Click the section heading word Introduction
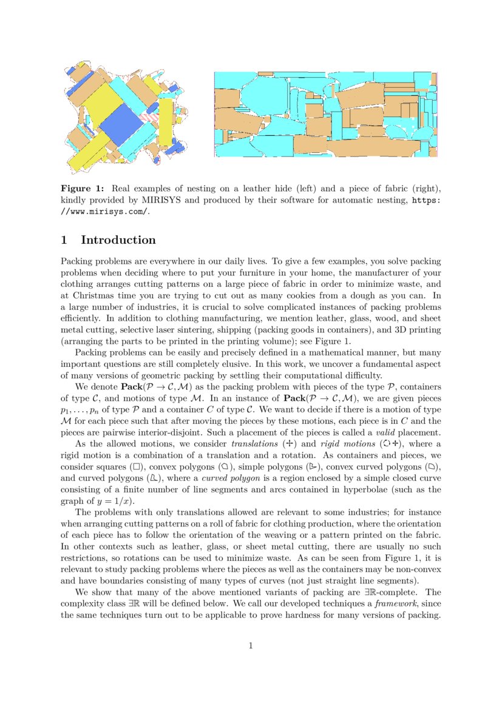[x=118, y=240]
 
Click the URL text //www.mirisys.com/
[x=104, y=211]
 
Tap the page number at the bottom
[x=251, y=645]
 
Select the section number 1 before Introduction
[x=64, y=240]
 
